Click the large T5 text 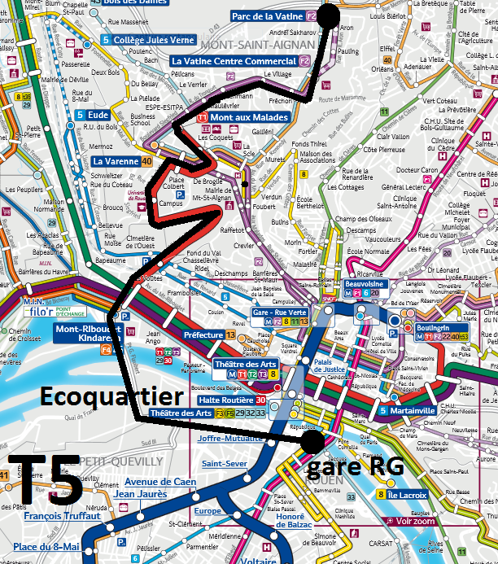point(44,479)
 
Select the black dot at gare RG point(312,441)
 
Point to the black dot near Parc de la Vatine point(329,15)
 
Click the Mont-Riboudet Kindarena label point(83,334)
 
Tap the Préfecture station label point(203,334)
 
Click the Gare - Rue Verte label point(279,313)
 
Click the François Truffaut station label point(62,516)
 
